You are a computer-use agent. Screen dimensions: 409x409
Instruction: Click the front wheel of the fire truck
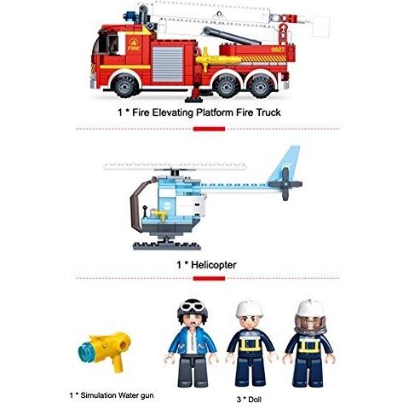click(x=125, y=85)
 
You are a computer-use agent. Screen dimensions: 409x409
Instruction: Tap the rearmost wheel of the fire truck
click(x=260, y=86)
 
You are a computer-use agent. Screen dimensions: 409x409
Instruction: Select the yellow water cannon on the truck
click(x=216, y=60)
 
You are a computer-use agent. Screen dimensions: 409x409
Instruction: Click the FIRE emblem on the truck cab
click(x=134, y=44)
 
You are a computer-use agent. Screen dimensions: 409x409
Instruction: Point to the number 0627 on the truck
click(x=278, y=49)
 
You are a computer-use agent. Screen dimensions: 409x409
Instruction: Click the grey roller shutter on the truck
click(x=168, y=64)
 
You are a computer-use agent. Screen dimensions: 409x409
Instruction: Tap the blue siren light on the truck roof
click(x=131, y=16)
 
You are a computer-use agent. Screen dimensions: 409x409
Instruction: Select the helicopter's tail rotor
click(x=285, y=184)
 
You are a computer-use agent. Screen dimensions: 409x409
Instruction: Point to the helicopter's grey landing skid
click(x=167, y=245)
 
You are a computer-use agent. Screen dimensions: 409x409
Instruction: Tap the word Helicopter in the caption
click(x=214, y=265)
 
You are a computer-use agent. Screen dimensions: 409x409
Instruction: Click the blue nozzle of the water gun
click(x=87, y=352)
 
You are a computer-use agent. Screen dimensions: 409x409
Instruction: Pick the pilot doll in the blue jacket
click(x=192, y=343)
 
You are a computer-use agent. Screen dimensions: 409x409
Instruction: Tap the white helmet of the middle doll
click(x=249, y=308)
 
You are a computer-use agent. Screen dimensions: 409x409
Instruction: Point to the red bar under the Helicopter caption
click(x=209, y=279)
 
